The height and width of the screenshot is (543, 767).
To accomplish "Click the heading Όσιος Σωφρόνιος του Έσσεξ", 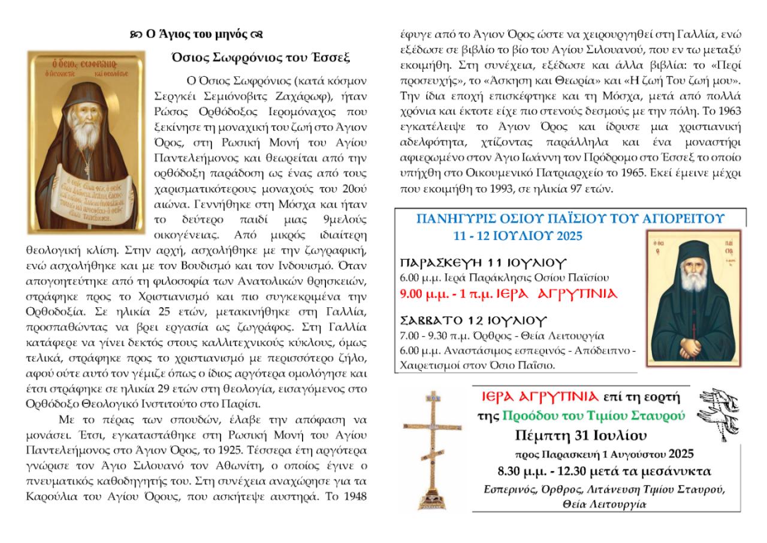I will tap(260, 58).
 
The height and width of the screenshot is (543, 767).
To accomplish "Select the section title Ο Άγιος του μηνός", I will tap(196, 34).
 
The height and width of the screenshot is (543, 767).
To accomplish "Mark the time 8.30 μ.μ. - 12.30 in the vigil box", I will tap(547, 470).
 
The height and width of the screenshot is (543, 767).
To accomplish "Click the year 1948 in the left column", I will tap(356, 496).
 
